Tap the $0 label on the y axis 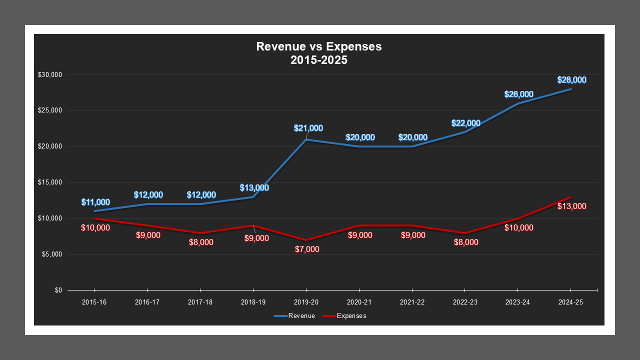[x=58, y=290]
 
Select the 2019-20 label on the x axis [x=306, y=302]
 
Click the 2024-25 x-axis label [x=570, y=302]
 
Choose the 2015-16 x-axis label [x=94, y=302]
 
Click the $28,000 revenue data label [x=572, y=80]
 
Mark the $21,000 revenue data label [x=308, y=128]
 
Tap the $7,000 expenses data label [x=307, y=249]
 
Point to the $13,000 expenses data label [x=572, y=206]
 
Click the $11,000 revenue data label [x=95, y=202]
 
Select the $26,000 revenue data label [x=519, y=94]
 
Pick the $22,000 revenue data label [x=466, y=123]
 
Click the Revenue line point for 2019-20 [x=306, y=139]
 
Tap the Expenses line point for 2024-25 [x=570, y=197]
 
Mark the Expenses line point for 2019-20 [x=306, y=240]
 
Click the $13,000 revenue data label [x=254, y=188]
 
